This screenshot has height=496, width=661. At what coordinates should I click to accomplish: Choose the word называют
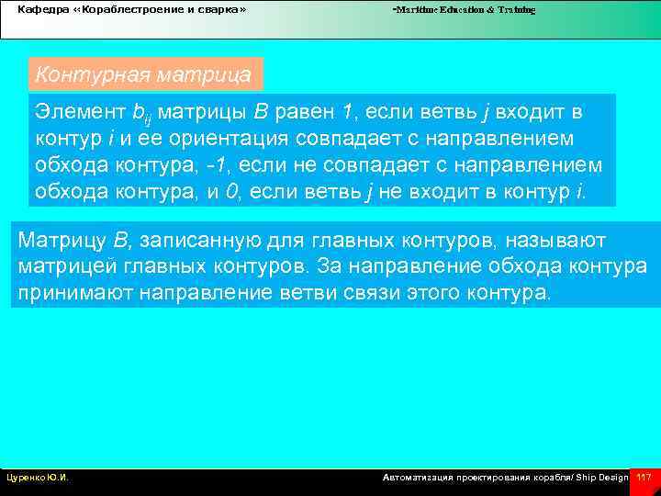pos(551,241)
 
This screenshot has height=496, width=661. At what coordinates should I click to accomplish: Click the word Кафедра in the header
pos(38,9)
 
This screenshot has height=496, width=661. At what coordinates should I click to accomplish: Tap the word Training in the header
pos(514,9)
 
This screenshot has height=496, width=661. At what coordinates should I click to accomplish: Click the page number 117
pos(644,478)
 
